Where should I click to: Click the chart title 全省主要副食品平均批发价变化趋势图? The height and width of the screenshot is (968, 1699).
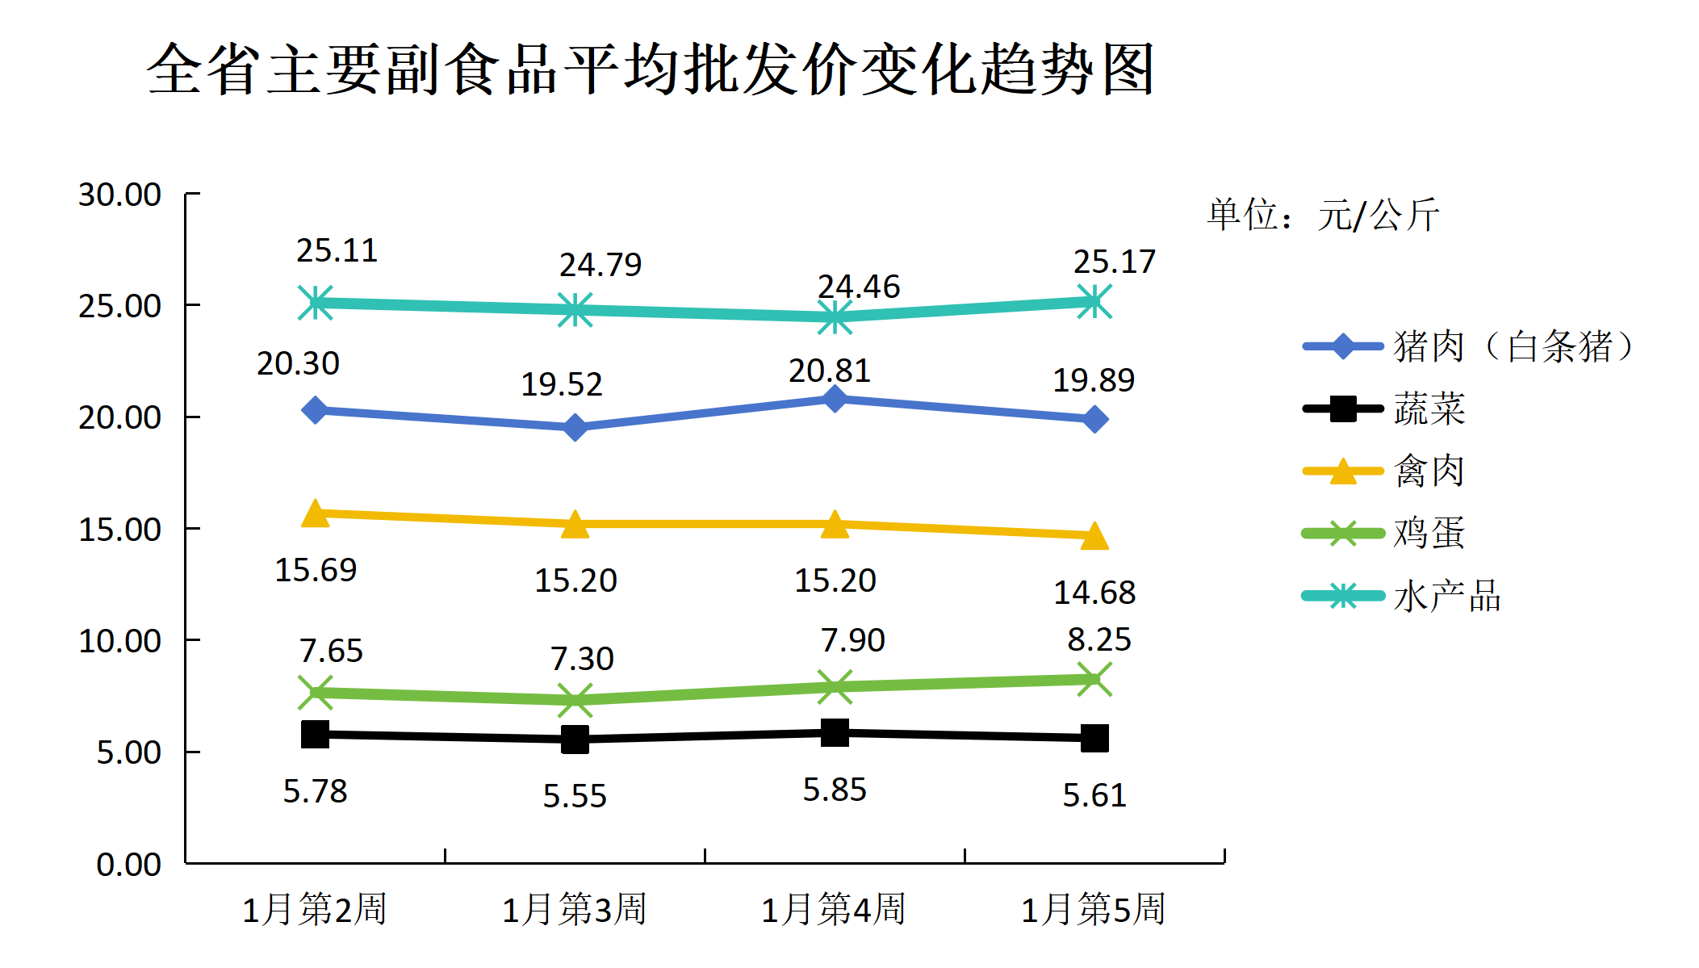click(x=651, y=69)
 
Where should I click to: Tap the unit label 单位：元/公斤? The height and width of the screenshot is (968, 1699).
click(x=1323, y=215)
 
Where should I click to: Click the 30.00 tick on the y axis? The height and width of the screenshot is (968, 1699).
click(x=119, y=195)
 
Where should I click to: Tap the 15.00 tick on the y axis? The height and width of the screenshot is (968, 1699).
click(x=119, y=530)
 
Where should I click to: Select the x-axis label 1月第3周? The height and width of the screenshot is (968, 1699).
click(x=575, y=909)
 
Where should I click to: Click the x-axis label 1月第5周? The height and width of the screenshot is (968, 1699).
click(x=1094, y=909)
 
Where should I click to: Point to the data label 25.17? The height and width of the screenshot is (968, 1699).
click(x=1114, y=262)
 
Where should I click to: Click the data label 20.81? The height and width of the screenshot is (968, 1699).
click(x=830, y=371)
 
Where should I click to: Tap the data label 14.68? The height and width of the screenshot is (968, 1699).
click(x=1094, y=593)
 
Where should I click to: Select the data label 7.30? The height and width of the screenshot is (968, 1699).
click(x=582, y=659)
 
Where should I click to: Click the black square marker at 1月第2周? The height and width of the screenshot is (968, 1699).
click(x=315, y=734)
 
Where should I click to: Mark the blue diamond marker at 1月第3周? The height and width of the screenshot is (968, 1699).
click(x=575, y=427)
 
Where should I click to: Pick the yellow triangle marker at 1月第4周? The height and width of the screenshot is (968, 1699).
click(x=835, y=525)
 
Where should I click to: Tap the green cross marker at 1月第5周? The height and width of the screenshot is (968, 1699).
click(x=1094, y=679)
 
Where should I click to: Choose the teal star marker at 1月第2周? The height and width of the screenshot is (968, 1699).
click(x=316, y=303)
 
